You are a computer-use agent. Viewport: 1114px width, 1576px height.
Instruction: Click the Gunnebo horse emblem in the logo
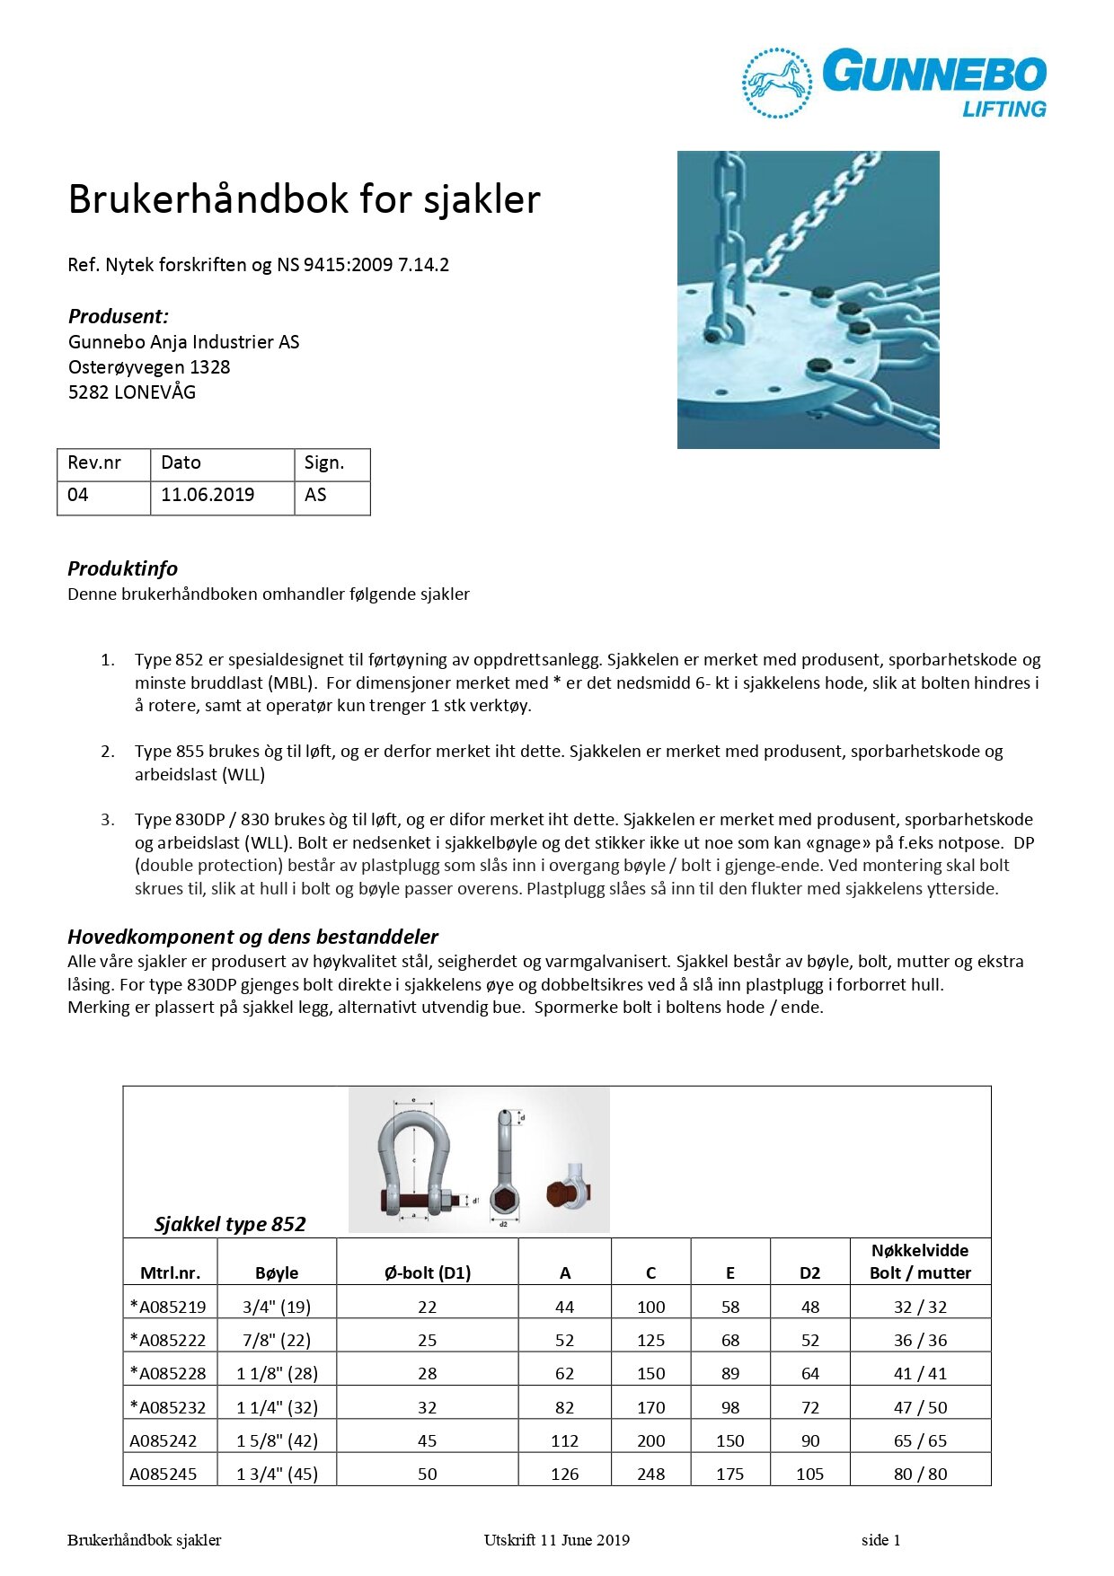click(x=777, y=83)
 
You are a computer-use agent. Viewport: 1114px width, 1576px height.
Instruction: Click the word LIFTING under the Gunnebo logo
click(x=1004, y=110)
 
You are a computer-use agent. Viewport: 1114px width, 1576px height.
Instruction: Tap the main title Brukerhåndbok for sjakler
click(x=304, y=199)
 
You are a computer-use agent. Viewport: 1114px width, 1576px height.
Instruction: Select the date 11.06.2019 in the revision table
click(x=208, y=495)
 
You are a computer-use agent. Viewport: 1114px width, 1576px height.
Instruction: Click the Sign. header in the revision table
click(x=324, y=462)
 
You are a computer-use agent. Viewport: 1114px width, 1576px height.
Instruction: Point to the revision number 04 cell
click(x=78, y=495)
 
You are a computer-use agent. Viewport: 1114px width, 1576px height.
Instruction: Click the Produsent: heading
click(x=119, y=316)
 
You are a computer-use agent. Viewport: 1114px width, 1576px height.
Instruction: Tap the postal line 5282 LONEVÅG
click(x=132, y=392)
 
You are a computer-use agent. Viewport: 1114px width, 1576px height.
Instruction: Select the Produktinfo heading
click(x=122, y=568)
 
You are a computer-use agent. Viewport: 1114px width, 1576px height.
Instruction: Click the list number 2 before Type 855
click(x=108, y=752)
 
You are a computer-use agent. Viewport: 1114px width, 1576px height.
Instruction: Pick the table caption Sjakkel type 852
click(x=230, y=1224)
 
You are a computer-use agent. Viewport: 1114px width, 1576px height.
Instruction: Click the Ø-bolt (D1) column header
click(x=428, y=1272)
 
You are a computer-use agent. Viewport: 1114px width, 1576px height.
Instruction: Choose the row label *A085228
click(x=168, y=1373)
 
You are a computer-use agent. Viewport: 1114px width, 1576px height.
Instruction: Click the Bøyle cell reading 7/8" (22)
click(x=277, y=1340)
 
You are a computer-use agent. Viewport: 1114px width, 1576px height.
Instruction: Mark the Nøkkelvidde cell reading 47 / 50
click(x=920, y=1407)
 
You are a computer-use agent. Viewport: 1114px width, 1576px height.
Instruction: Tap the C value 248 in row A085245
click(x=650, y=1474)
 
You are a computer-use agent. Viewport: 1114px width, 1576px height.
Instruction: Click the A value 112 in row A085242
click(x=564, y=1440)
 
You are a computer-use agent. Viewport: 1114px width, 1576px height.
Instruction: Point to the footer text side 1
click(x=880, y=1540)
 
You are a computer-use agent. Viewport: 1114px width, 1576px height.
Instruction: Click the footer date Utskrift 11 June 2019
click(x=556, y=1540)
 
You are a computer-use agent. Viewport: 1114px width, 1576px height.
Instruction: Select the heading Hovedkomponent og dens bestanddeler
click(x=252, y=937)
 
